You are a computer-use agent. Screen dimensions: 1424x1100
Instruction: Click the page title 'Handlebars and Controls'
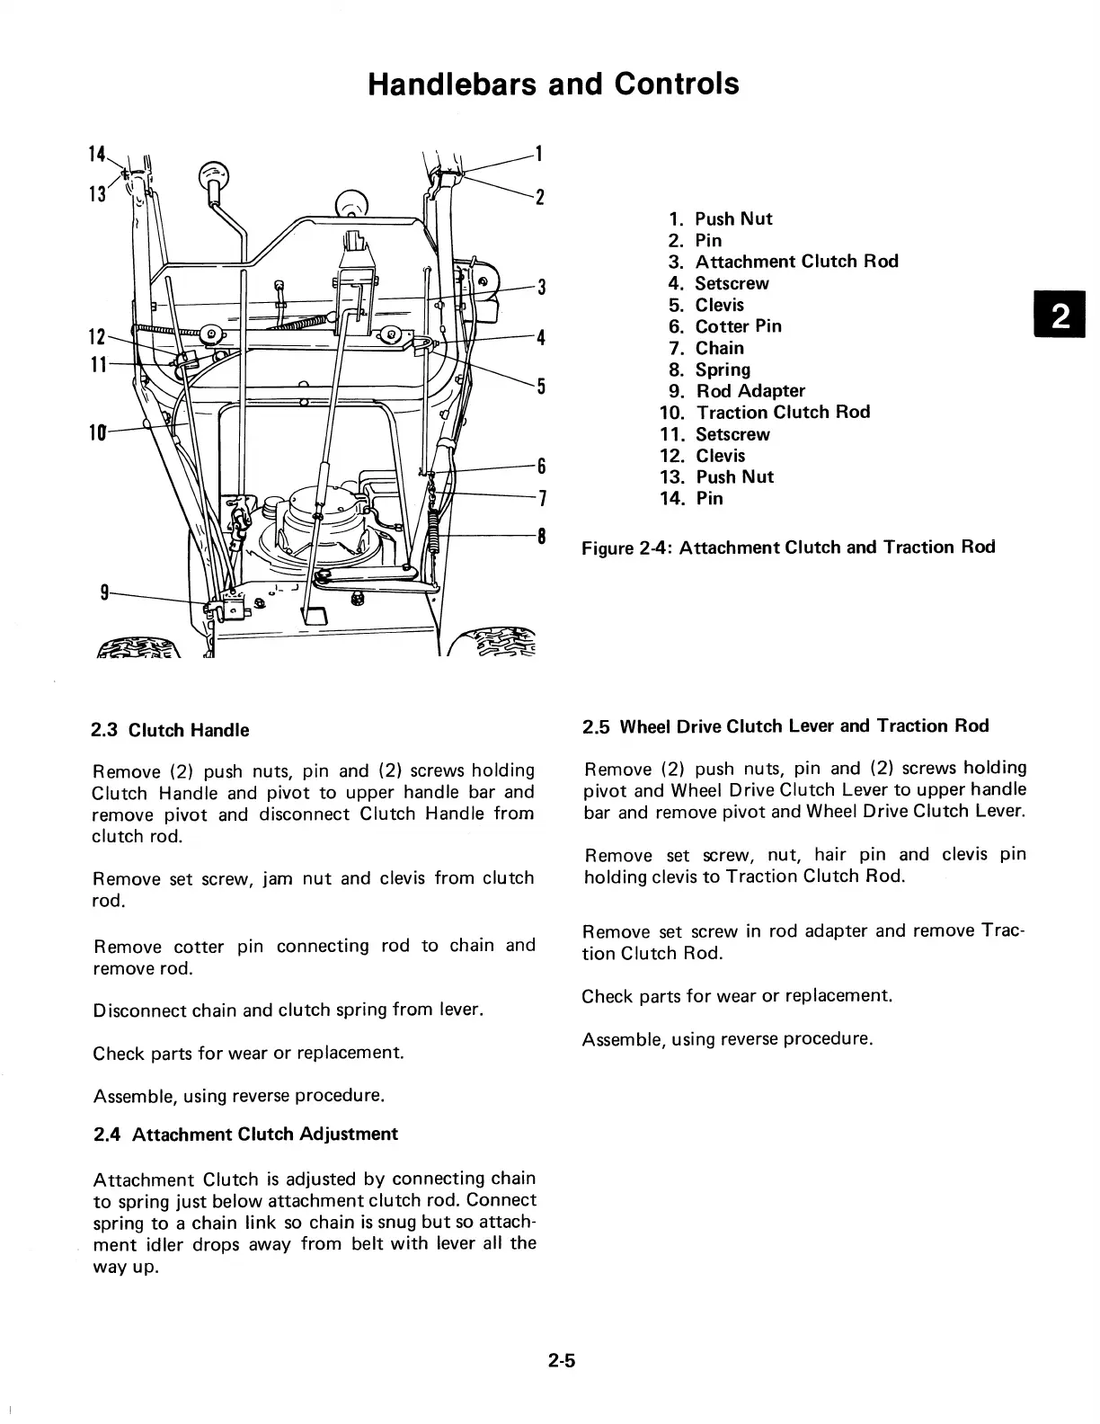pyautogui.click(x=554, y=84)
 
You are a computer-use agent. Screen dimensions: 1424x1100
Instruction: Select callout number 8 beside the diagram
pyautogui.click(x=541, y=537)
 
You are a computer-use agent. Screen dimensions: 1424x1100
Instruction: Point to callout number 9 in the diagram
pyautogui.click(x=105, y=592)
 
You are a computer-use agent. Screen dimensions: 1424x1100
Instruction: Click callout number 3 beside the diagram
pyautogui.click(x=541, y=288)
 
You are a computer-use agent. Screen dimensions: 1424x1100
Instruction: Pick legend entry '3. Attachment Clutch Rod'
pyautogui.click(x=783, y=262)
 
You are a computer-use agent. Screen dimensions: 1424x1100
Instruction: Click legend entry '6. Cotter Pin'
pyautogui.click(x=725, y=326)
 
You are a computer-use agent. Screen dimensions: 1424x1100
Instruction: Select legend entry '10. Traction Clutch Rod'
pyautogui.click(x=765, y=413)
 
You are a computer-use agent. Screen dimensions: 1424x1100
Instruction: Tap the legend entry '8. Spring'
pyautogui.click(x=710, y=369)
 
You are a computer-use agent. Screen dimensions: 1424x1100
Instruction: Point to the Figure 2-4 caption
pyautogui.click(x=788, y=547)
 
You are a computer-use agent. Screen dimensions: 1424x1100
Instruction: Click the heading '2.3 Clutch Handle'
pyautogui.click(x=171, y=730)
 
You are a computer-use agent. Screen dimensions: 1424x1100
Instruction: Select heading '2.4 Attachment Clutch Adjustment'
pyautogui.click(x=245, y=1134)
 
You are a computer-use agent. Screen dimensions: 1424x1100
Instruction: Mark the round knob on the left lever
pyautogui.click(x=215, y=174)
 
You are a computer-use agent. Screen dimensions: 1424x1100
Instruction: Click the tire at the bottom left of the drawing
pyautogui.click(x=144, y=646)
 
